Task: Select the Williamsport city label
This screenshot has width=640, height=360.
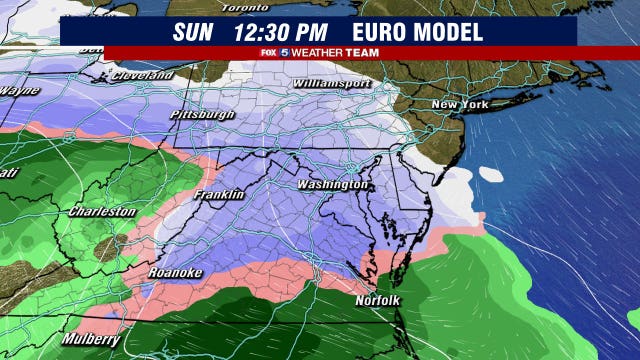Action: [332, 85]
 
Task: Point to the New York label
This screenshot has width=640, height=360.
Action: [459, 105]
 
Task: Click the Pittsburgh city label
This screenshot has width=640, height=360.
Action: [203, 115]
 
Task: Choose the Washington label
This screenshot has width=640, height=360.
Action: [334, 186]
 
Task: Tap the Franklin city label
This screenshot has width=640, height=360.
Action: [219, 195]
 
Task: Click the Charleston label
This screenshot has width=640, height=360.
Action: [101, 212]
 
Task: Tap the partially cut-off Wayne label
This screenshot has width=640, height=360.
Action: [19, 91]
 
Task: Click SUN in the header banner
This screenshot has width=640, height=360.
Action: [193, 31]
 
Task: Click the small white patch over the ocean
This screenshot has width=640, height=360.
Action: [494, 173]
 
